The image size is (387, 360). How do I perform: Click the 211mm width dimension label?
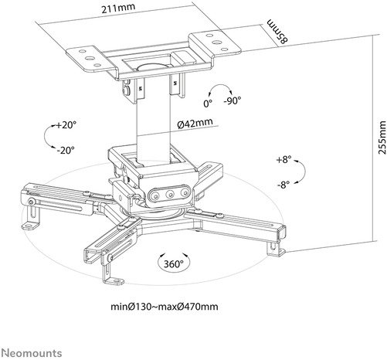[118, 8]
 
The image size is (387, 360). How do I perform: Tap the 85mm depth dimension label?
[277, 31]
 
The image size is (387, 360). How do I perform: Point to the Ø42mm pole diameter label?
[195, 124]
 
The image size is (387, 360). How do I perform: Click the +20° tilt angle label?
[66, 125]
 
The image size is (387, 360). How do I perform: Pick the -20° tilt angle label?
[66, 150]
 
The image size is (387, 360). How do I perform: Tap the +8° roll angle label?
[283, 160]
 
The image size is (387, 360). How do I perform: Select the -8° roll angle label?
[283, 185]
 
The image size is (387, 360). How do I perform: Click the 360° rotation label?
[174, 264]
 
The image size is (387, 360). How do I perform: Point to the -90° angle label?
[233, 100]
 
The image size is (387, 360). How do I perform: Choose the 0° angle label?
[208, 104]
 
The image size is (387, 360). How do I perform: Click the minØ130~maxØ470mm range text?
[165, 307]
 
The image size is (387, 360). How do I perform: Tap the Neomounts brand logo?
[31, 353]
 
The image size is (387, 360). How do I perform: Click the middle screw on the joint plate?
[170, 195]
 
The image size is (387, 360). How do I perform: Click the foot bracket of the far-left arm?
[32, 218]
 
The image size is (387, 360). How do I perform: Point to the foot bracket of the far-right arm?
[275, 247]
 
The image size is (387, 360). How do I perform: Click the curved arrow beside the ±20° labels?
[46, 136]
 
